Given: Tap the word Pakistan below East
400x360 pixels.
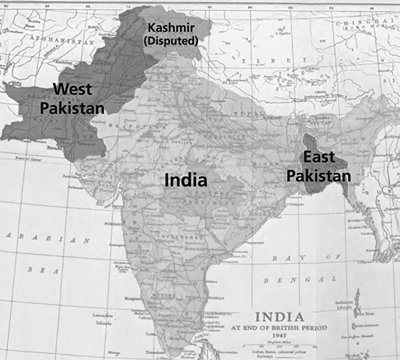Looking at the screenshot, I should [317, 175].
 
